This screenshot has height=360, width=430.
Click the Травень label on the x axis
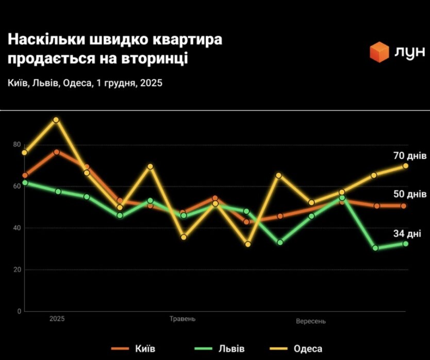click(x=183, y=319)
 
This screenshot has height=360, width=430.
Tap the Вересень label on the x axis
click(x=311, y=321)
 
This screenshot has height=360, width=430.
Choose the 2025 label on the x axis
click(x=57, y=319)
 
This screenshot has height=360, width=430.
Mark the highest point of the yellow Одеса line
click(x=56, y=120)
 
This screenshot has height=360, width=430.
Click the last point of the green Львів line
click(x=405, y=244)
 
